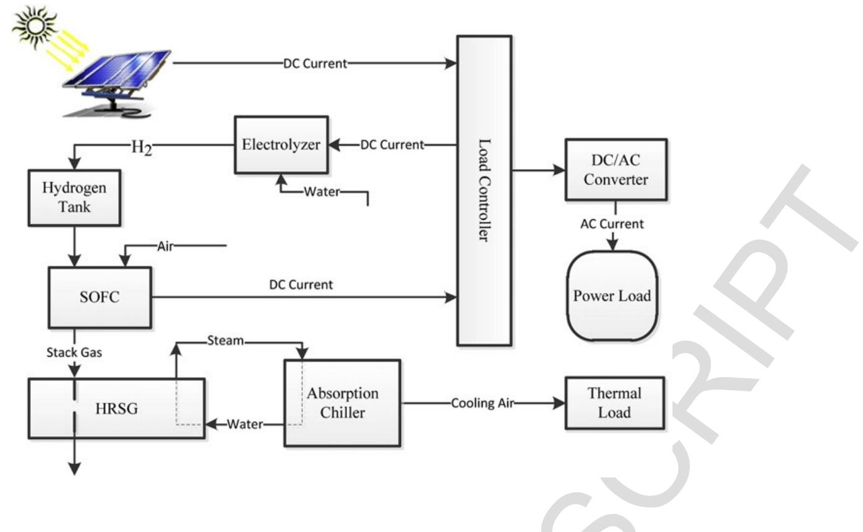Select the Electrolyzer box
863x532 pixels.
point(281,145)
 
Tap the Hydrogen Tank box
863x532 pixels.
point(74,198)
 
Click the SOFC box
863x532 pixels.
point(100,297)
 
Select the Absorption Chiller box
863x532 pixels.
point(342,403)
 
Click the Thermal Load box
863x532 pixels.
point(614,403)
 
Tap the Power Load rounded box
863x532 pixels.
point(612,296)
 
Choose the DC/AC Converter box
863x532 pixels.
point(616,170)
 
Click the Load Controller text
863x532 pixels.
point(484,190)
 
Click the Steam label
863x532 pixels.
point(225,340)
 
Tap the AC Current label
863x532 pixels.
point(612,224)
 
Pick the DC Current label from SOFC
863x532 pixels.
point(301,284)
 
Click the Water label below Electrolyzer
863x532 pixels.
point(322,191)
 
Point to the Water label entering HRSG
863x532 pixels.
point(245,424)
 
